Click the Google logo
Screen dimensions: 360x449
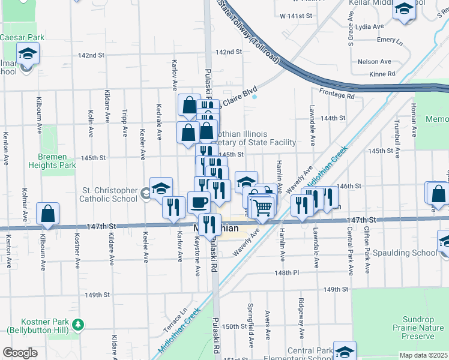click(20, 353)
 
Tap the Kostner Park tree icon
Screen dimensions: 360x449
click(77, 325)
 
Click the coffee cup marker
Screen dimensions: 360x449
click(198, 203)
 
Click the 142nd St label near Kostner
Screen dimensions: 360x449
click(91, 55)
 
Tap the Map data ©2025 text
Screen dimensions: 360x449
click(424, 355)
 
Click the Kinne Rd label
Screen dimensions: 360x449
click(382, 74)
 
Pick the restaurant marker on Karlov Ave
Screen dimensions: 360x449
click(173, 208)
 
